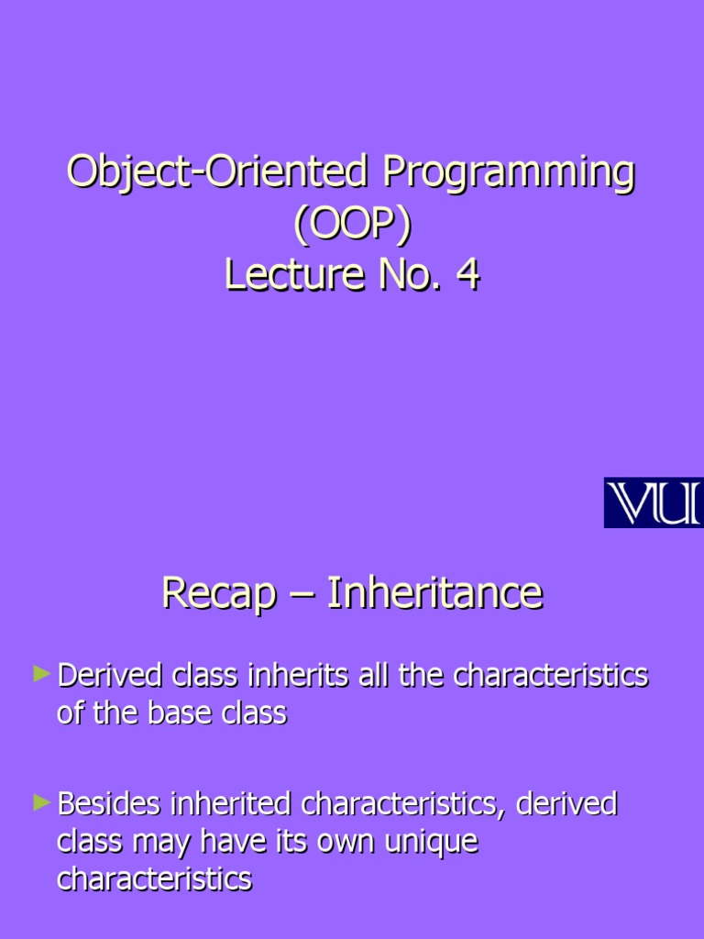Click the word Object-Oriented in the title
pos(216,174)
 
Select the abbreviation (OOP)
pos(351,226)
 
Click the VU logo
pos(653,503)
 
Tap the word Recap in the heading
pos(218,593)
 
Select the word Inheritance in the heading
pos(434,593)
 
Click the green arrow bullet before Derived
pos(40,675)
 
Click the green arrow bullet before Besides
pos(40,803)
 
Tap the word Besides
pos(110,805)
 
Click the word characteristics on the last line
pos(154,879)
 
